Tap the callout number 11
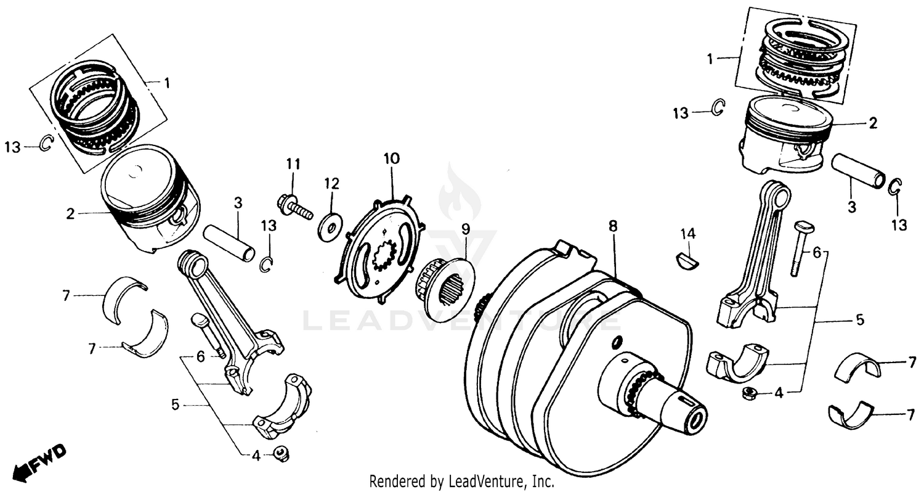click(293, 164)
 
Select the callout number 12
click(332, 183)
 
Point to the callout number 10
click(391, 158)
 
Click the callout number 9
click(465, 229)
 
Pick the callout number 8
click(612, 226)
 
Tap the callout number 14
click(687, 234)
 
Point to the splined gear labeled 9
click(445, 284)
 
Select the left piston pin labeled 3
click(230, 243)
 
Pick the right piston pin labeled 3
click(859, 171)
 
